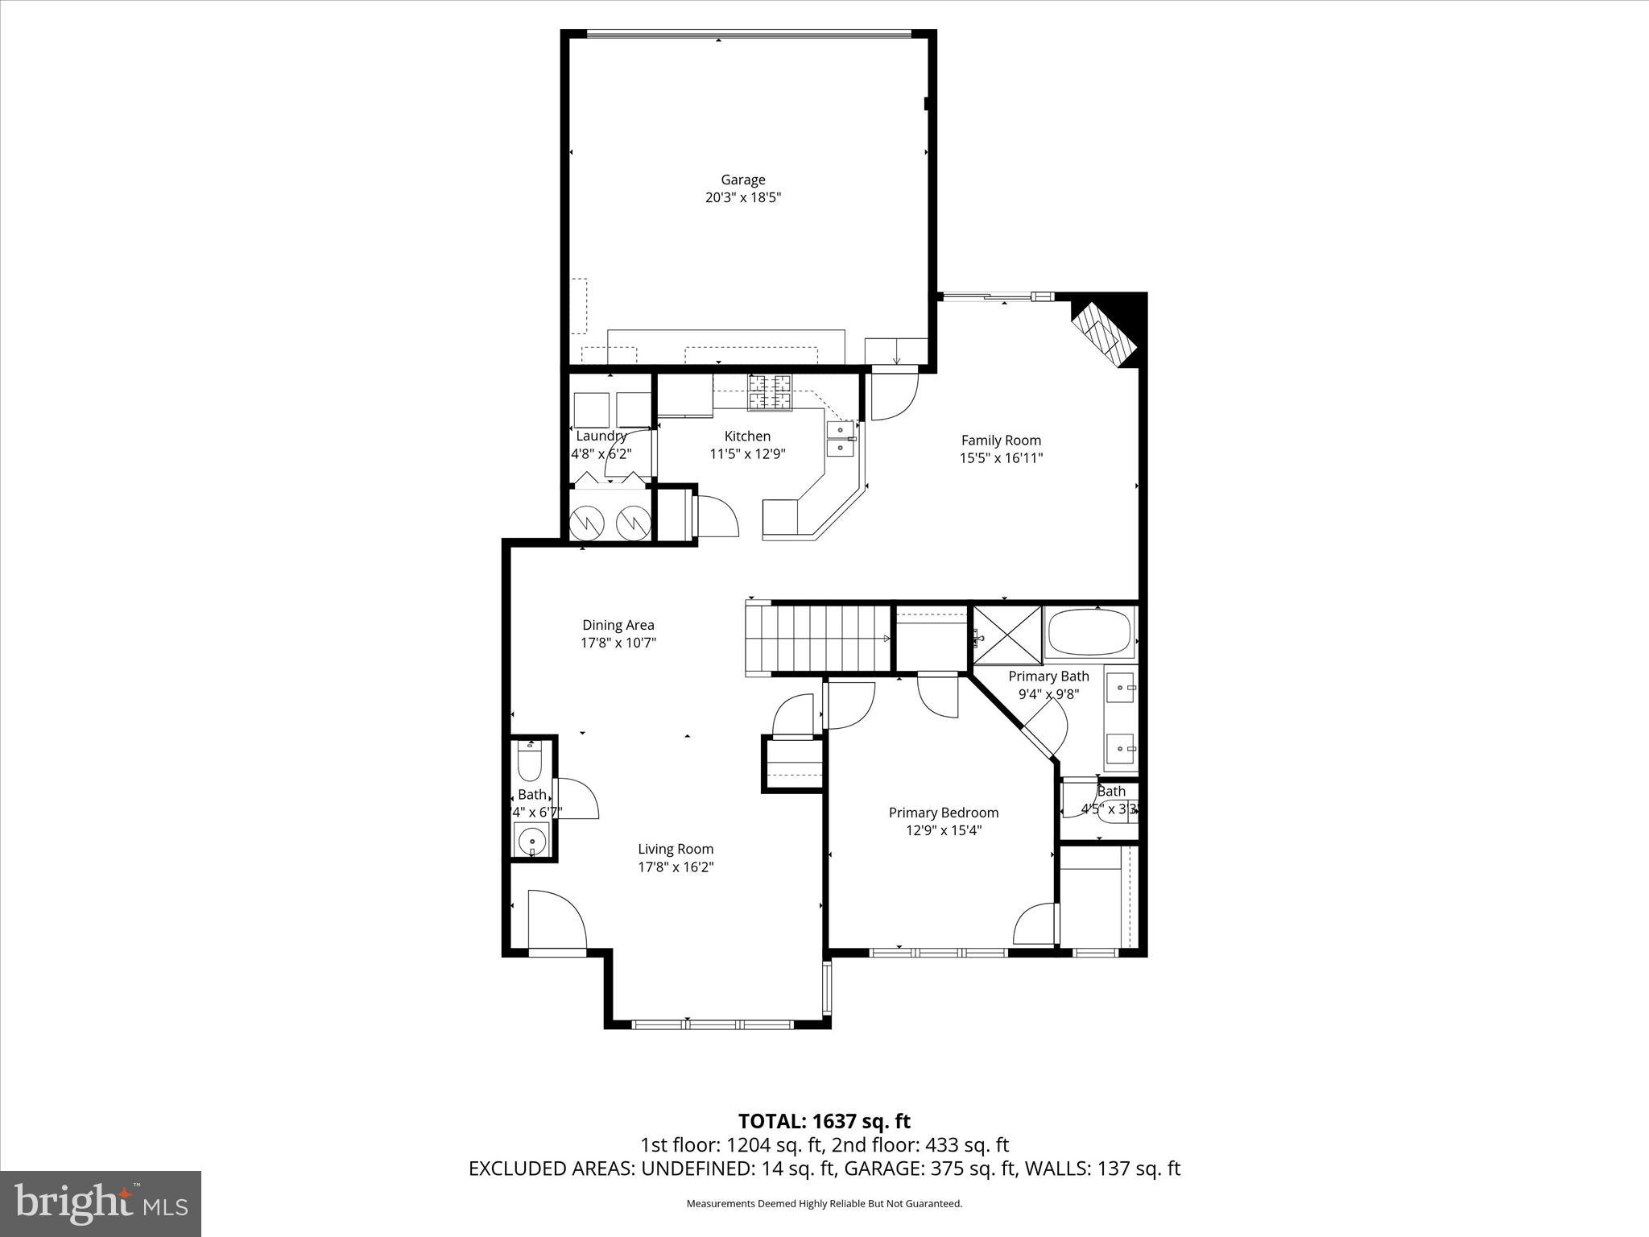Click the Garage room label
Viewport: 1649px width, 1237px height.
tap(742, 180)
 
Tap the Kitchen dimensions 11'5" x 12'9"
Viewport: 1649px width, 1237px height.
tap(746, 453)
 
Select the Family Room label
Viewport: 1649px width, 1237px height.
tap(1001, 440)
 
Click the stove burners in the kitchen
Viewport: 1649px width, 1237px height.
tap(770, 393)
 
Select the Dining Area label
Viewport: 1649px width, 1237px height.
tap(618, 624)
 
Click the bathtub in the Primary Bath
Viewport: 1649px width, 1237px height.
tap(1089, 631)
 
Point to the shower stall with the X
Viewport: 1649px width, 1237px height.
tap(1006, 636)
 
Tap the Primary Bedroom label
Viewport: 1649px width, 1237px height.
tap(943, 813)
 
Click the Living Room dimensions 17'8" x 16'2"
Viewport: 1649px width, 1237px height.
tap(676, 867)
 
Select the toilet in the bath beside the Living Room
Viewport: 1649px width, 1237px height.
tap(530, 761)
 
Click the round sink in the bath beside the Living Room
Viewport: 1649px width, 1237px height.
tap(531, 842)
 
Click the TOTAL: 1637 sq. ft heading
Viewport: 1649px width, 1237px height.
tap(824, 1120)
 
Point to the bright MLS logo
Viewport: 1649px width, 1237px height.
tap(101, 1203)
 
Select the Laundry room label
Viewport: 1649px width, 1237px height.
tap(601, 436)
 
